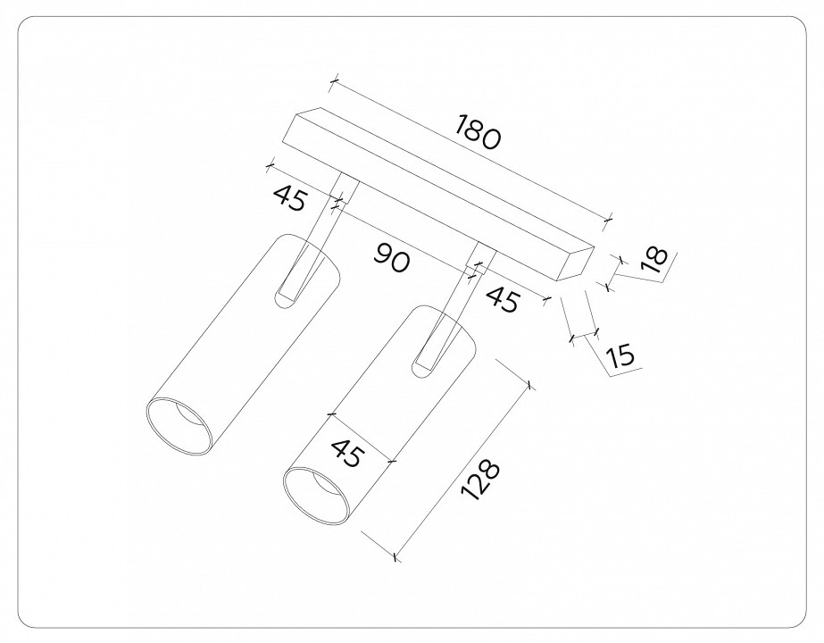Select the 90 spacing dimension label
pyautogui.click(x=391, y=260)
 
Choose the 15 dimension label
pyautogui.click(x=619, y=356)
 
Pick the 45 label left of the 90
pyautogui.click(x=290, y=198)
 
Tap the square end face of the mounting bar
pyautogui.click(x=575, y=263)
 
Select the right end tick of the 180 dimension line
pyautogui.click(x=610, y=217)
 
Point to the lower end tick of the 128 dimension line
pyautogui.click(x=395, y=558)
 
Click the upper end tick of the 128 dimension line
pyautogui.click(x=530, y=386)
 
